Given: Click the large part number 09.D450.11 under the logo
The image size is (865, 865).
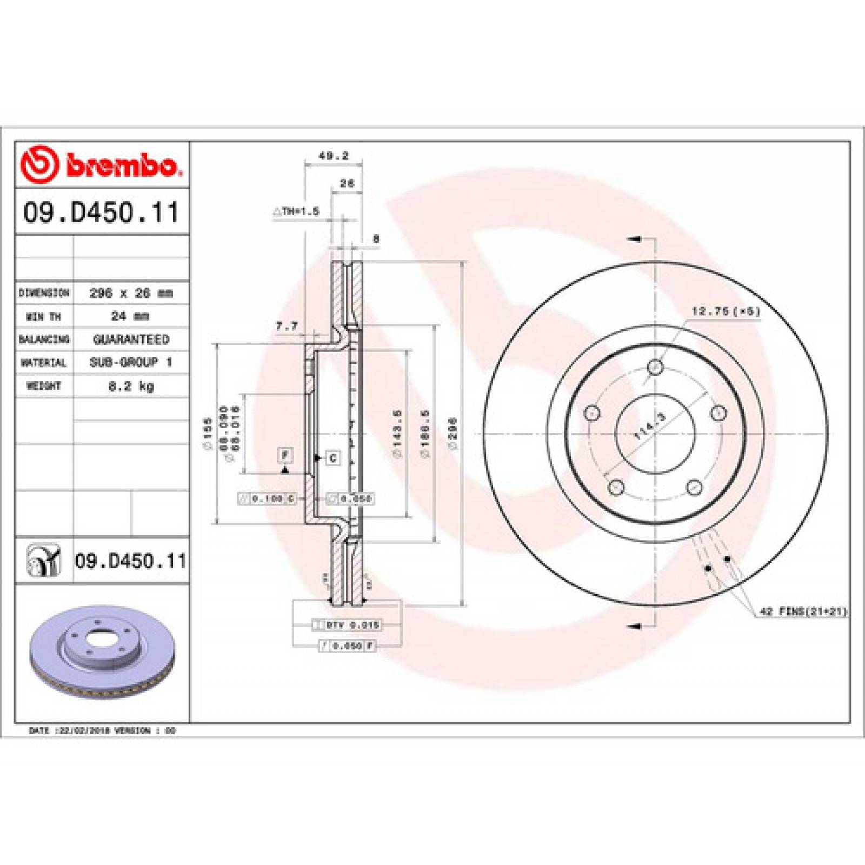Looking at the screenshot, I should click(101, 212).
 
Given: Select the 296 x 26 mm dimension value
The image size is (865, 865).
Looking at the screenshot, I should click(131, 293).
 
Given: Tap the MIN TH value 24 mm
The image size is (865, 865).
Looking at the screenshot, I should click(130, 316).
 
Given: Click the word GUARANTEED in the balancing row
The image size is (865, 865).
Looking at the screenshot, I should click(131, 340).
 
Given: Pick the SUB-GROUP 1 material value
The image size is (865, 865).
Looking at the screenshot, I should click(131, 362).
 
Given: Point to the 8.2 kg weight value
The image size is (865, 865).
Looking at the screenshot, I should click(131, 386).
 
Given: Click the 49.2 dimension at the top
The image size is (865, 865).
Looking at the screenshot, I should click(334, 156).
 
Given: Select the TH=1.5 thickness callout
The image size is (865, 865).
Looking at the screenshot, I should click(297, 211).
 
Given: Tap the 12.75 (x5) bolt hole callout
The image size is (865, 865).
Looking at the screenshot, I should click(726, 311).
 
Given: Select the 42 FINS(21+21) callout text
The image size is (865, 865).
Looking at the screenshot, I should click(803, 611).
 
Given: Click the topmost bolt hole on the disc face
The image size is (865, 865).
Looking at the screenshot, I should click(655, 368).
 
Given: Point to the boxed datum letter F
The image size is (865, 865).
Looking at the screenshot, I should click(285, 455).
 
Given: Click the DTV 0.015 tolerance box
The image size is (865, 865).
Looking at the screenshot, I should click(347, 625).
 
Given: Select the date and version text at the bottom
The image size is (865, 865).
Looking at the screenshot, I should click(102, 730).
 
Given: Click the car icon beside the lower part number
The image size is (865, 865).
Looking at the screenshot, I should click(44, 561).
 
